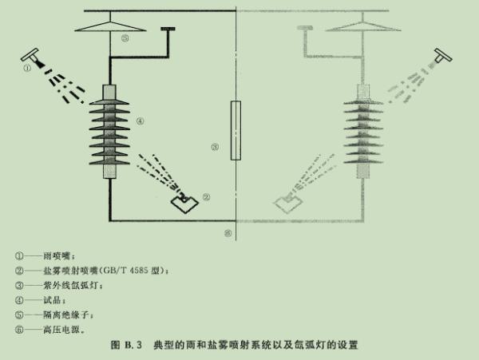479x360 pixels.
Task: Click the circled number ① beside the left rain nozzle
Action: [27, 68]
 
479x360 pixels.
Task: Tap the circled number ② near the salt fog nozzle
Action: [207, 197]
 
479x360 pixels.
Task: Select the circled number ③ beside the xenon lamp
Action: [215, 147]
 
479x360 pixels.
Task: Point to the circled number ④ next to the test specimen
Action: [140, 121]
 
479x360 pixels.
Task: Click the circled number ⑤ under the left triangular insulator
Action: [125, 38]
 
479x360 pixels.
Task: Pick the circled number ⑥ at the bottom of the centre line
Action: [228, 233]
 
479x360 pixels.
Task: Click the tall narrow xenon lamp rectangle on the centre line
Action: [236, 130]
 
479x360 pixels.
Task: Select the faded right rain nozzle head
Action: [442, 56]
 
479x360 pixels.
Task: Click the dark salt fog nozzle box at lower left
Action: [184, 203]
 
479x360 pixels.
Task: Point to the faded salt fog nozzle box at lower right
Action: [287, 203]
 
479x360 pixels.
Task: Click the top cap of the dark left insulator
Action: [109, 93]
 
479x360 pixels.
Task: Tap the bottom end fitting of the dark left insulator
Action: [109, 172]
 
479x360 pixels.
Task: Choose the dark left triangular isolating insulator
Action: [110, 26]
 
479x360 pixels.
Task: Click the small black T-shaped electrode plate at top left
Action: [168, 29]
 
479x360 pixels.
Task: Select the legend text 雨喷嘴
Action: [57, 255]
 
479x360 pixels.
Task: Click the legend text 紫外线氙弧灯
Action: [71, 285]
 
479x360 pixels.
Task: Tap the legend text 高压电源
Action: [61, 330]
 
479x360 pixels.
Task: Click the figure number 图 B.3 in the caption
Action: [126, 345]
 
